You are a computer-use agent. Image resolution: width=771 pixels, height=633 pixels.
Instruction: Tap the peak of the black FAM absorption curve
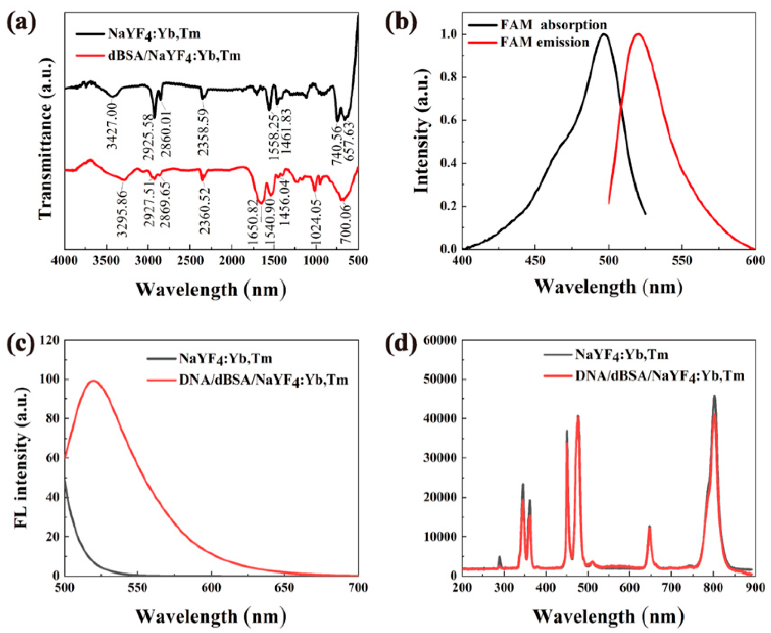pos(604,34)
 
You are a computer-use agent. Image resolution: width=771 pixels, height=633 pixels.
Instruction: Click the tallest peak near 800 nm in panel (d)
pos(714,396)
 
